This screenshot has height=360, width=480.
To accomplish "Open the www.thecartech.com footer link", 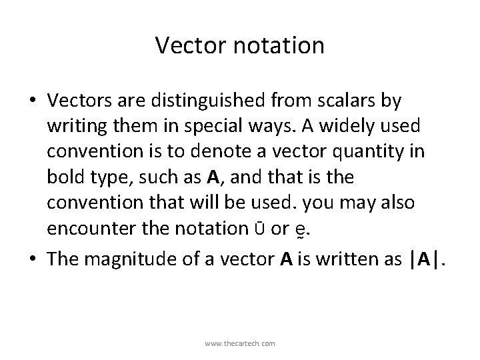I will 240,343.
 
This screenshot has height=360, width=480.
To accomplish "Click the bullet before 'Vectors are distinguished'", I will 33,101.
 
